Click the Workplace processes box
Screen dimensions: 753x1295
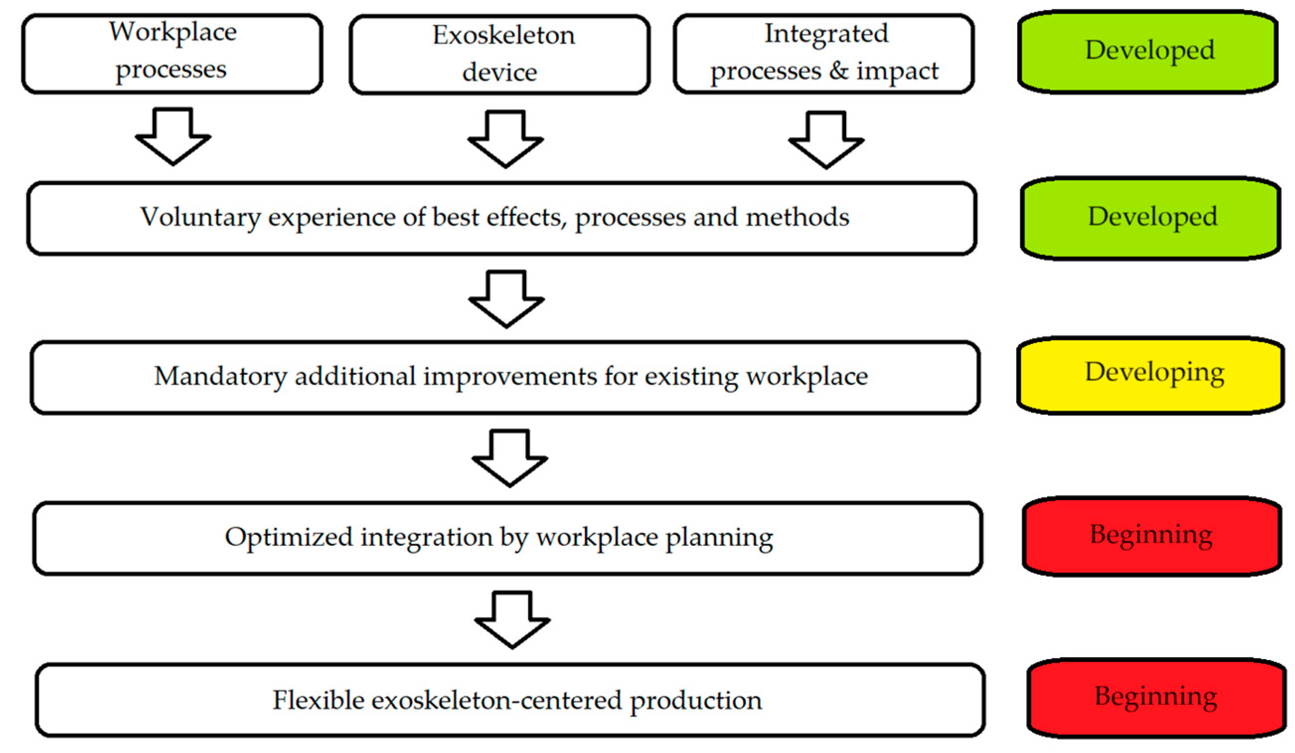click(x=172, y=54)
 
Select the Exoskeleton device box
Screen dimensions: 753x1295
click(x=499, y=54)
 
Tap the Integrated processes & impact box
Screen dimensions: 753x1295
click(x=823, y=54)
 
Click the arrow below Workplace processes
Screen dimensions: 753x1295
click(x=173, y=136)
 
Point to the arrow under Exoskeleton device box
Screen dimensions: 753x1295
click(x=505, y=139)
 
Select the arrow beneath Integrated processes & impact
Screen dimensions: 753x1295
click(x=826, y=140)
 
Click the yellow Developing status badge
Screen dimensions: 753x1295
click(x=1151, y=375)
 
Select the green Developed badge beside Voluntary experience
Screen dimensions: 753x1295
click(x=1151, y=217)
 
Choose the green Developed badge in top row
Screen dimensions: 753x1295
click(x=1149, y=51)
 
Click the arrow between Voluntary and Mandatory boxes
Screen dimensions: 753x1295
click(x=506, y=299)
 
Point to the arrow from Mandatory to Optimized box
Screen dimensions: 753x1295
click(x=509, y=458)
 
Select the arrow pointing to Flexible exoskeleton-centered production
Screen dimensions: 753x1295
click(x=512, y=620)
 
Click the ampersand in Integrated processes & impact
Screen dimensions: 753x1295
click(x=838, y=71)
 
